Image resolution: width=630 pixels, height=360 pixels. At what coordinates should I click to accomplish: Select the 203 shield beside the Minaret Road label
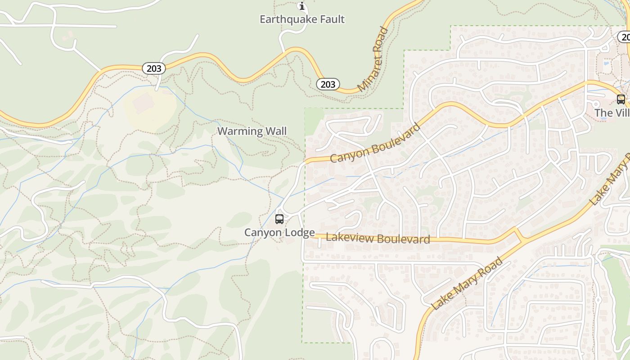tap(328, 84)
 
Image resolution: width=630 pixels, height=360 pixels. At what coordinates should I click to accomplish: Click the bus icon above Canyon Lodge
tap(279, 219)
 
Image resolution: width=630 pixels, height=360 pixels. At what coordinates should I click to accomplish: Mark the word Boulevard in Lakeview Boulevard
tap(403, 239)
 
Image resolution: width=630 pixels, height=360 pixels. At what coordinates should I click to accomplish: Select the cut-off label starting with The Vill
tap(612, 112)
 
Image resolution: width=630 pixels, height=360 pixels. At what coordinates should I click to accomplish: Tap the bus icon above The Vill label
tap(621, 99)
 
